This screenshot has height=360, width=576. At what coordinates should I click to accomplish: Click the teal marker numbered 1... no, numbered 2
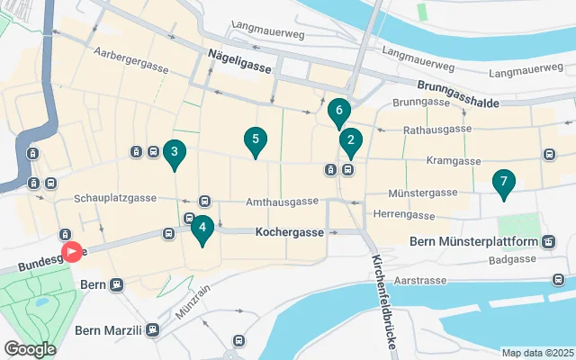click(x=350, y=140)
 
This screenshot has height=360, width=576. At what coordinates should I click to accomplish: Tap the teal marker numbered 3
click(x=174, y=152)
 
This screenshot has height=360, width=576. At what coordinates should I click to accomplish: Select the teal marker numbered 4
click(x=202, y=228)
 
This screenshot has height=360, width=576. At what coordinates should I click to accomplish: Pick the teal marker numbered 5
click(x=256, y=139)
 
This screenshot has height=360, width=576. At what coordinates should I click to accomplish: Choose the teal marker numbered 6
click(x=338, y=112)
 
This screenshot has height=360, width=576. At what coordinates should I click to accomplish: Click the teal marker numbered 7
click(x=504, y=182)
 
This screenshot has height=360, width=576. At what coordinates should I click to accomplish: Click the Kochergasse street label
click(x=289, y=231)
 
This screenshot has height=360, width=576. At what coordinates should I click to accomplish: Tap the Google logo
click(x=29, y=348)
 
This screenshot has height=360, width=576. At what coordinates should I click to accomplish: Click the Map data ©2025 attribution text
click(x=536, y=353)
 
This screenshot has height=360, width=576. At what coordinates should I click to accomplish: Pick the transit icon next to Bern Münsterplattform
click(x=547, y=242)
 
